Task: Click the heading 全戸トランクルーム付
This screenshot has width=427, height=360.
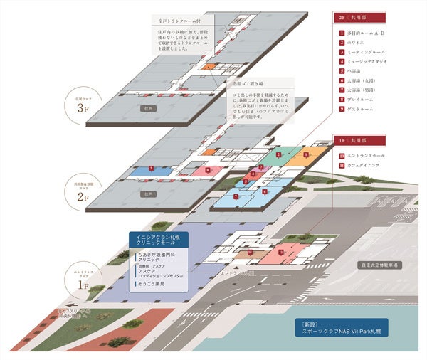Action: pyautogui.click(x=179, y=22)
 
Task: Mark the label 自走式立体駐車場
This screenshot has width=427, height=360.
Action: pyautogui.click(x=380, y=265)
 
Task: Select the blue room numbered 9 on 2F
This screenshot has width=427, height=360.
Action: pyautogui.click(x=152, y=170)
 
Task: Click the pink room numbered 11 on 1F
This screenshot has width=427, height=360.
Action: pyautogui.click(x=282, y=252)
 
